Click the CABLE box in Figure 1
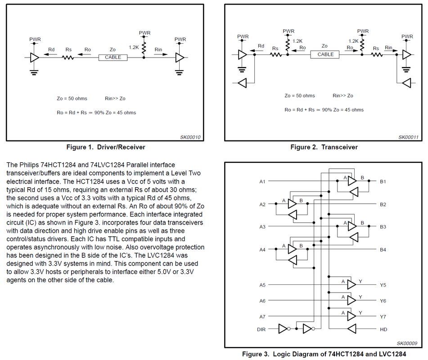coord(113,58)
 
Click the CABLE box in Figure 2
coord(325,54)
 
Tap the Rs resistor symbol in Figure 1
coord(68,58)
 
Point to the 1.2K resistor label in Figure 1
coord(134,47)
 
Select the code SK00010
coord(190,137)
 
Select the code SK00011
coord(408,137)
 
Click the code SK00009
coord(408,343)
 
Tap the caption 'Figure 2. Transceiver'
coord(324,147)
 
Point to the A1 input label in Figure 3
coord(262,181)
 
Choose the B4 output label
coord(383,250)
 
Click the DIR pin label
coord(262,329)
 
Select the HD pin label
coord(383,329)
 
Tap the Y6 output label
coord(383,301)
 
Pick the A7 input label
coord(262,317)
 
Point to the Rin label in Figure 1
coord(158,49)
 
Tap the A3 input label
coord(262,227)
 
